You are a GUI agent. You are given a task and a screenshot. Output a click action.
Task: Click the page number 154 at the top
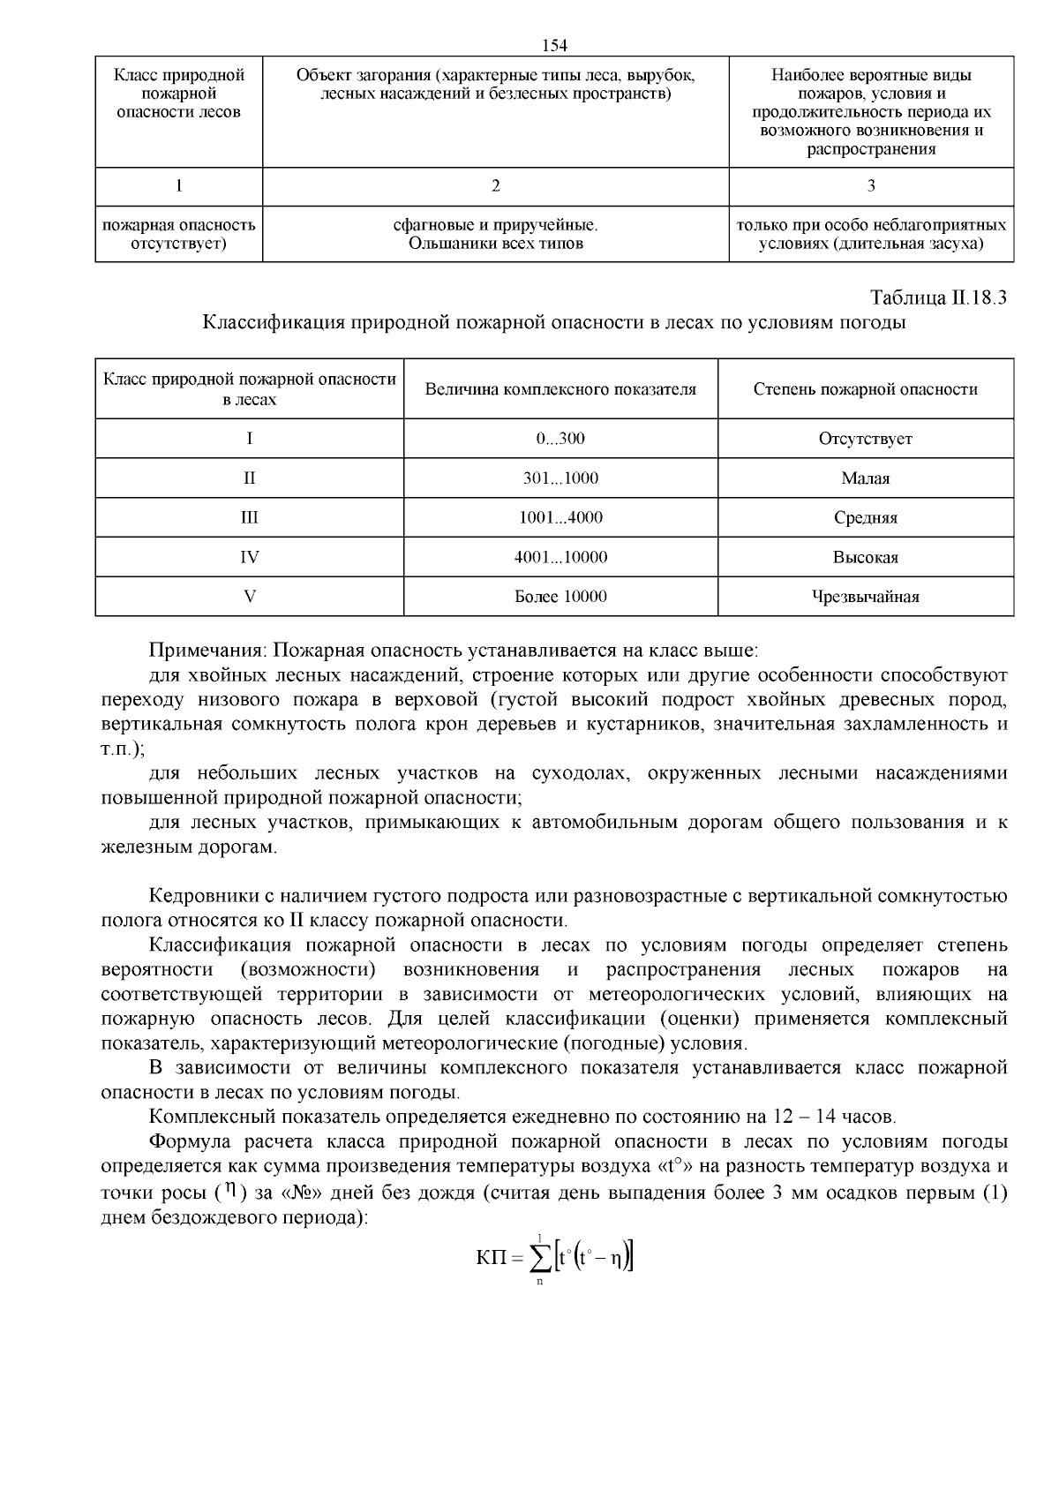click(554, 45)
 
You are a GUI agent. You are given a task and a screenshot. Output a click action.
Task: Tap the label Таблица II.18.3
click(938, 297)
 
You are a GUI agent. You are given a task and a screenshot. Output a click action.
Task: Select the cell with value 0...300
click(560, 439)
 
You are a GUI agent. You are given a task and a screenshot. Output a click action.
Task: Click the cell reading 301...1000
click(560, 478)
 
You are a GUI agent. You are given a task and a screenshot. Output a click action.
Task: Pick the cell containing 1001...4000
click(560, 517)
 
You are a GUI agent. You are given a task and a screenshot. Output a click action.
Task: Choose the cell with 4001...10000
click(560, 557)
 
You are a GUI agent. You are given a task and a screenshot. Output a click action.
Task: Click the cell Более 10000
click(560, 597)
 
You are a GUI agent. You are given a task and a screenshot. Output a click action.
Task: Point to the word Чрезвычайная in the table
click(865, 597)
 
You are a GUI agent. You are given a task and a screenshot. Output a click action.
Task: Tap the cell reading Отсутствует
click(865, 439)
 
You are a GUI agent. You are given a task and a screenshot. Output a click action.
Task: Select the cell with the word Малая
click(865, 478)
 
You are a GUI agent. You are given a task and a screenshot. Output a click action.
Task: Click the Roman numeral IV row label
click(250, 557)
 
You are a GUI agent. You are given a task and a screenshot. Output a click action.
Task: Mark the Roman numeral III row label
click(250, 517)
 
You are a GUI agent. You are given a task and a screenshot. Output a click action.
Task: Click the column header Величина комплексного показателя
click(560, 389)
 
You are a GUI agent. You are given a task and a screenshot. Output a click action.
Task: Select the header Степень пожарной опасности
click(865, 389)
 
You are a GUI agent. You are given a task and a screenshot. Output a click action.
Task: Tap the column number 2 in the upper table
click(495, 186)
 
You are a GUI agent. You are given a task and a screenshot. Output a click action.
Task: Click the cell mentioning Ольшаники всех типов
click(495, 244)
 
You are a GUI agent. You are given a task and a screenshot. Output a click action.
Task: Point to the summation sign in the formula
click(540, 1257)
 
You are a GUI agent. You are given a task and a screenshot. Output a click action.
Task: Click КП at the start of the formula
click(492, 1257)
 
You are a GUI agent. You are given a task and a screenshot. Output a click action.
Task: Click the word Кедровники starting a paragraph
click(200, 897)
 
